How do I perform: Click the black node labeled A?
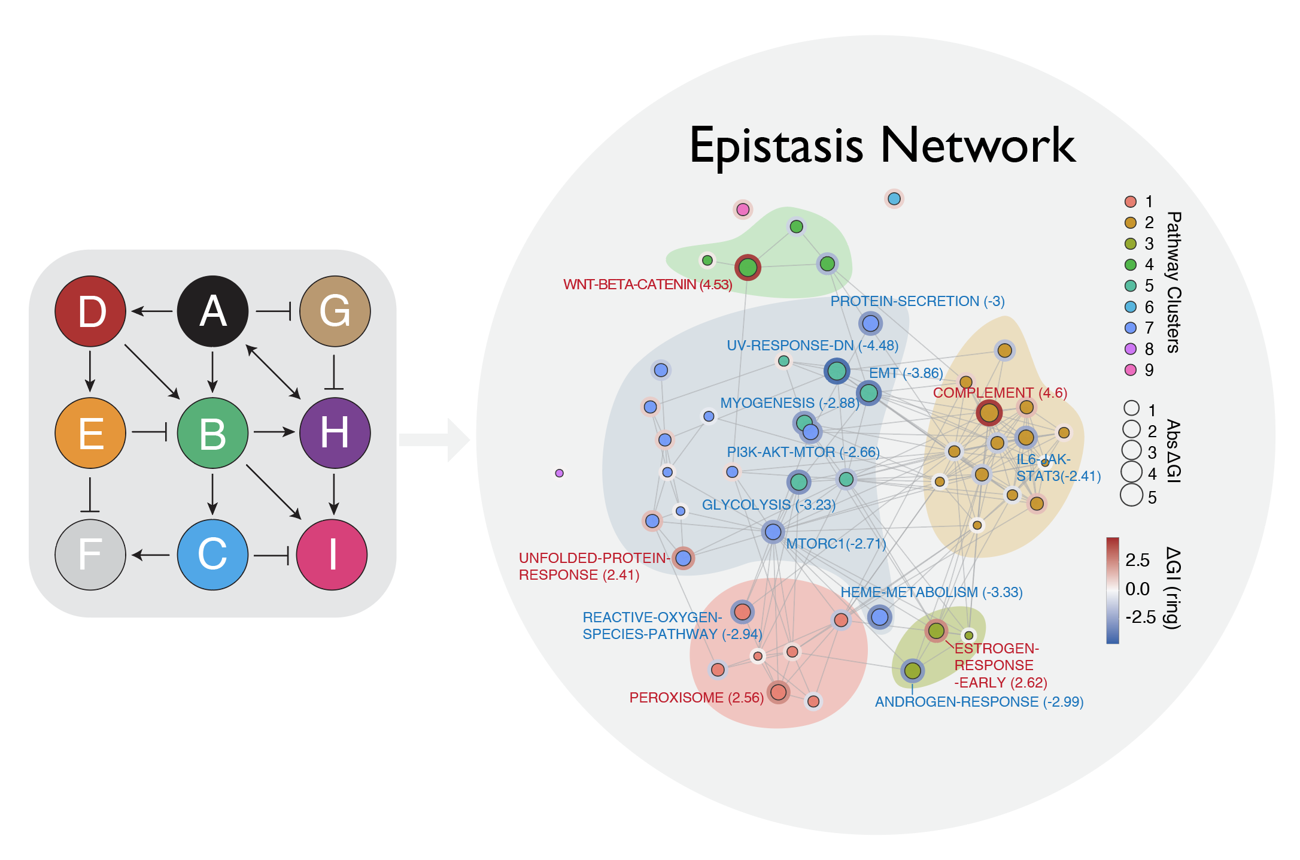[x=212, y=311]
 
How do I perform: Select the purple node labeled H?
[x=335, y=432]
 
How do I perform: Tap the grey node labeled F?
[x=90, y=555]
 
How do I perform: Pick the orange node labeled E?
[x=90, y=432]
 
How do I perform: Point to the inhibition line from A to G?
[x=274, y=311]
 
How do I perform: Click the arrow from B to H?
[x=274, y=432]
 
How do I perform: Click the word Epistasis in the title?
[x=776, y=146]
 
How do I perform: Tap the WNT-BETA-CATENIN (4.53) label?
[x=648, y=284]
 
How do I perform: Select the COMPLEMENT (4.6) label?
[x=1000, y=393]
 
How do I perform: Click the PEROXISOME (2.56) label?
[x=696, y=698]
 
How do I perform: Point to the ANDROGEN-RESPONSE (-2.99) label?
[x=979, y=702]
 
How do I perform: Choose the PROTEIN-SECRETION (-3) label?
[x=917, y=301]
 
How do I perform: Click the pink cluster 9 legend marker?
[x=1130, y=370]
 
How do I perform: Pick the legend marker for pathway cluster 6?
[x=1130, y=307]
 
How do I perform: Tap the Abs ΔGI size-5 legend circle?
[x=1131, y=495]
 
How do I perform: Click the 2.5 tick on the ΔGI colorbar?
[x=1137, y=560]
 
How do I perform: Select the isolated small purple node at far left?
[x=559, y=473]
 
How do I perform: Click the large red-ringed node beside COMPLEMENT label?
[x=989, y=413]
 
